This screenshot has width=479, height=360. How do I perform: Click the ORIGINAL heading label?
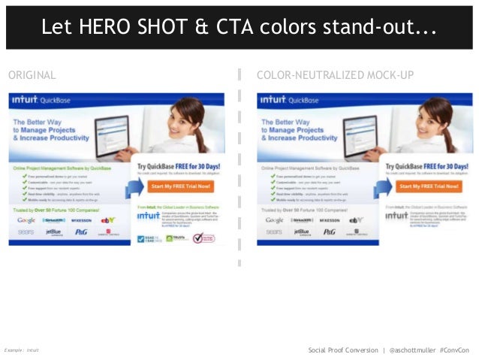32,75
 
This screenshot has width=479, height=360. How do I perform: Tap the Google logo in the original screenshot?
27,220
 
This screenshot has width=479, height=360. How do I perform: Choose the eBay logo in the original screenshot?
108,220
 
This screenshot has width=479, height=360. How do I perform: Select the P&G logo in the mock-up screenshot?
328,232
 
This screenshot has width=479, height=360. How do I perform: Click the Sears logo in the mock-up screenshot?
275,232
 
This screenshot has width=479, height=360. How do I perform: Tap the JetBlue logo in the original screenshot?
53,232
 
